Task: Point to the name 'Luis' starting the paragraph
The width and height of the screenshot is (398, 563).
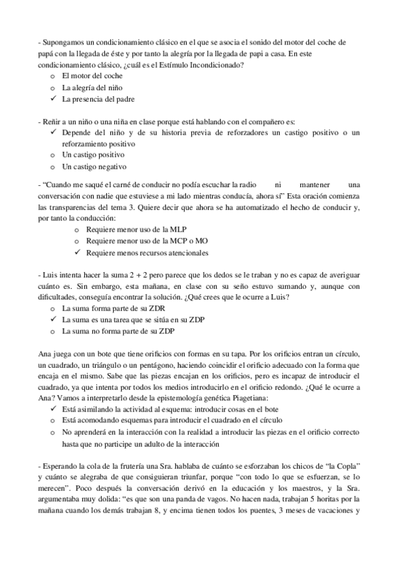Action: coord(49,274)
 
